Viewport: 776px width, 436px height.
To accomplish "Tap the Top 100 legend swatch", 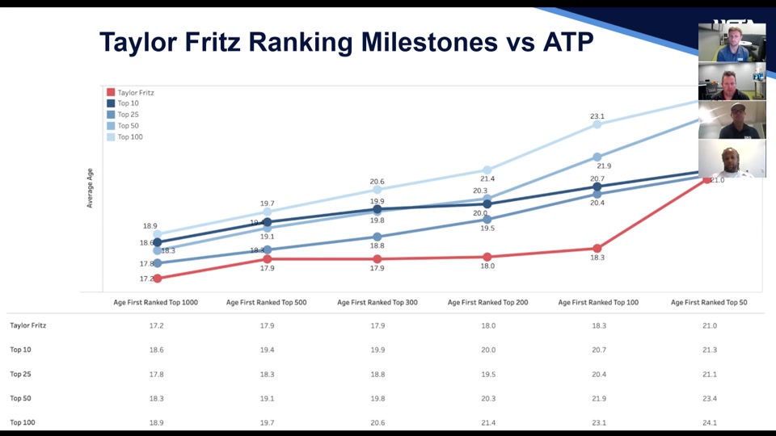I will pos(111,137).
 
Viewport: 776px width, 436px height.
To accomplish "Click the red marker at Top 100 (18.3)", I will pos(597,249).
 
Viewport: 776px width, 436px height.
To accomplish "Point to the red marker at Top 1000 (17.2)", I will pos(157,279).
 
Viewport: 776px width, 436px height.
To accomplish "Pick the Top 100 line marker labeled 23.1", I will pos(597,124).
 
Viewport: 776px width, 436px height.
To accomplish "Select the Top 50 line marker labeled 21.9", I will pos(597,157).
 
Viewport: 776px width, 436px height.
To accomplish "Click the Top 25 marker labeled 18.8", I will pos(377,237).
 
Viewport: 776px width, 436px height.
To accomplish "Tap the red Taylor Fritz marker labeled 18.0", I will pos(487,257).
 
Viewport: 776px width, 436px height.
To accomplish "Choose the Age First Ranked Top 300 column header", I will pos(377,302).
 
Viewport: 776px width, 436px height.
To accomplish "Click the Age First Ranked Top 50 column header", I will pos(708,302).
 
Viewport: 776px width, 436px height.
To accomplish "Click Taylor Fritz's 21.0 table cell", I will pos(709,325).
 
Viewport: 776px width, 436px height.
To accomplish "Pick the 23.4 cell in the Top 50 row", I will pos(709,398).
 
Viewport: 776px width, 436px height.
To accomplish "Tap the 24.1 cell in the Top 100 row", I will pos(709,422).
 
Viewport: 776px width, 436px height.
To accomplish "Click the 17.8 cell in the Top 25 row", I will pos(156,374).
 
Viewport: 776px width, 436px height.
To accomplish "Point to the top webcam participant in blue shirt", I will pos(732,42).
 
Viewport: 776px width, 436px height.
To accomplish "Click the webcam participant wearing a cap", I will pos(732,119).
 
